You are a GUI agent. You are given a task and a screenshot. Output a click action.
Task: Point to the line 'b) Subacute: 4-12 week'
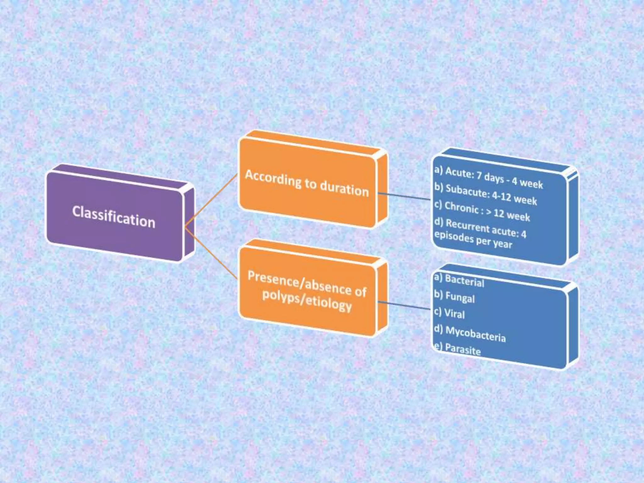(486, 194)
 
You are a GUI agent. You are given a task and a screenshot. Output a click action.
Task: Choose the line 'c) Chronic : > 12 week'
(482, 211)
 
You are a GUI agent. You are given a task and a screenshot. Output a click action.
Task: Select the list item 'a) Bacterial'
(459, 280)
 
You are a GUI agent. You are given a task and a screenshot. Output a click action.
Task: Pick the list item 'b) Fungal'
(454, 297)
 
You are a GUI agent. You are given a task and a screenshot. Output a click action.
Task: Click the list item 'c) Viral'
(449, 313)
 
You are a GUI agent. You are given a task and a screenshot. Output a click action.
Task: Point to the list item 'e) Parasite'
(458, 349)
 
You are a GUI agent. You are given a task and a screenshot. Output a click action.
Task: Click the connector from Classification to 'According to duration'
(211, 200)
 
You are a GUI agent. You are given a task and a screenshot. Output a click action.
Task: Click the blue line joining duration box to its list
(404, 196)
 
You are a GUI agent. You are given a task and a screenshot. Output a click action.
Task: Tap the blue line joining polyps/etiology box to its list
(404, 305)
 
